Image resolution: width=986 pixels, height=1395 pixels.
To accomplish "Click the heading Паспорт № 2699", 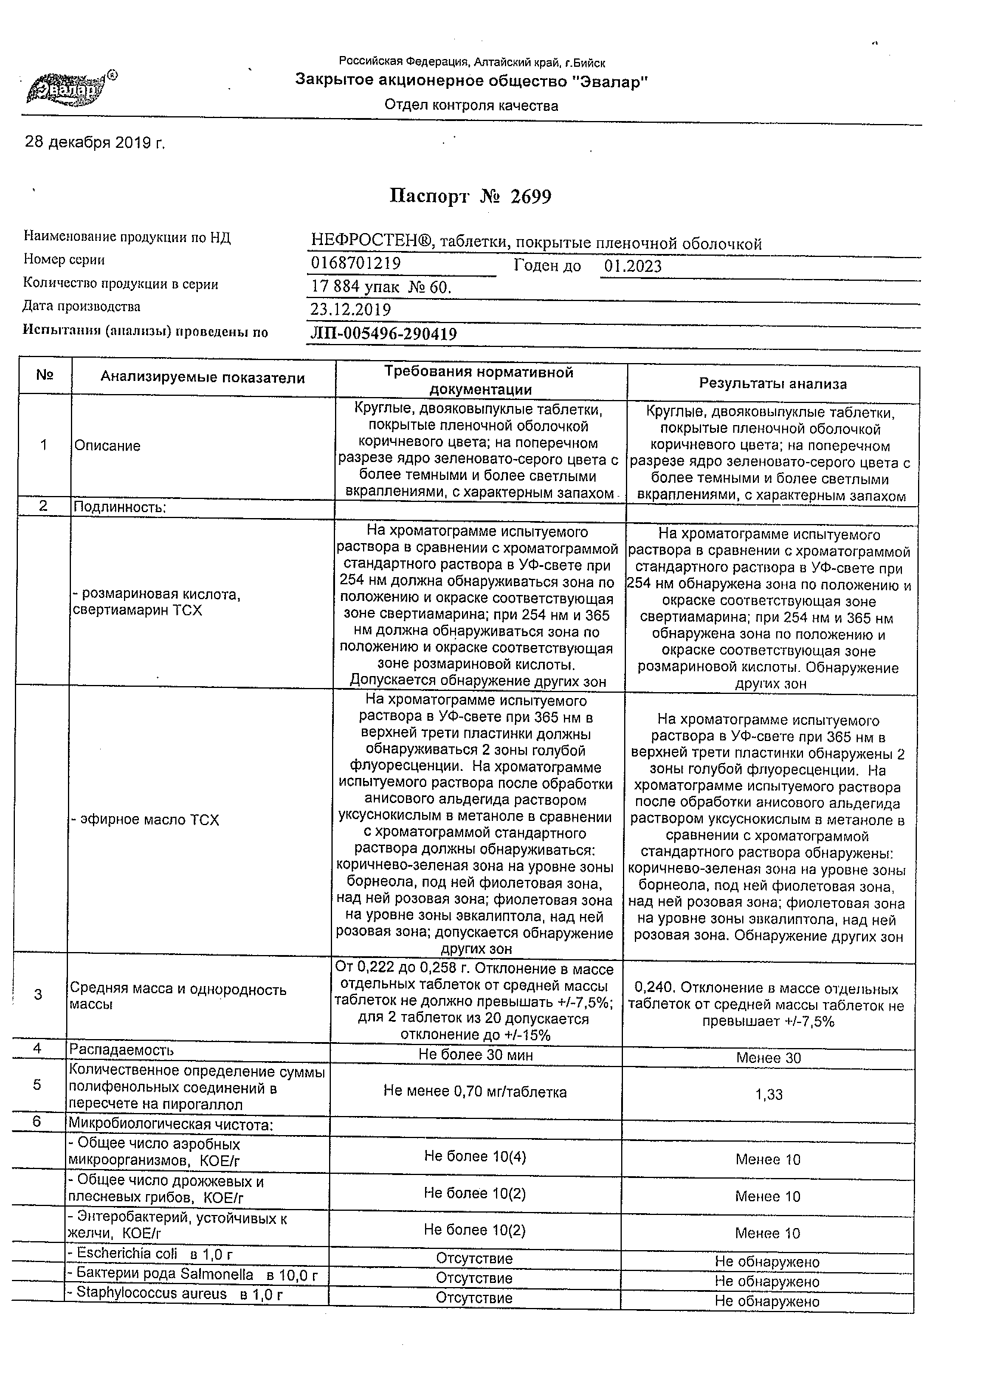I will coord(470,196).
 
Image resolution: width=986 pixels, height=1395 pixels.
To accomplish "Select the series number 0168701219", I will coord(356,263).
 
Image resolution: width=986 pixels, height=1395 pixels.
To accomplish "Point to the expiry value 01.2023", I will coord(633,266).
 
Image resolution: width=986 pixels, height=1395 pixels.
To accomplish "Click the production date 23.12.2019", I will coord(351,309).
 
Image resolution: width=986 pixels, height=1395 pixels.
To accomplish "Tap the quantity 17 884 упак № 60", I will coord(381,286).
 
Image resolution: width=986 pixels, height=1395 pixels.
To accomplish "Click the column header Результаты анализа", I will coord(773,383).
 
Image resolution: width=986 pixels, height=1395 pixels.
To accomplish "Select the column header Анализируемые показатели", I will coord(202,378).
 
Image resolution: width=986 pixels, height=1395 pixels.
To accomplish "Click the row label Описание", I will coord(107,446).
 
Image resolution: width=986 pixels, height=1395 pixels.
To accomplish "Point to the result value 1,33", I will coord(768,1095).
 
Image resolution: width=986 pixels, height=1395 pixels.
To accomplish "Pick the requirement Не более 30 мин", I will coord(476,1055).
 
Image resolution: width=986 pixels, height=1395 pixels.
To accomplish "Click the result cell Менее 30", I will coord(768,1058).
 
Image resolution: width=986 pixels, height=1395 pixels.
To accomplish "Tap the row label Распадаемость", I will coord(122,1050).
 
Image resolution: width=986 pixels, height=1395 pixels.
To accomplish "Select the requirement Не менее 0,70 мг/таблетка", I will coord(475,1092).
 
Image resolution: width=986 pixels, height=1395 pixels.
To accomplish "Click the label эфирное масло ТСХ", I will coord(146,820).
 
